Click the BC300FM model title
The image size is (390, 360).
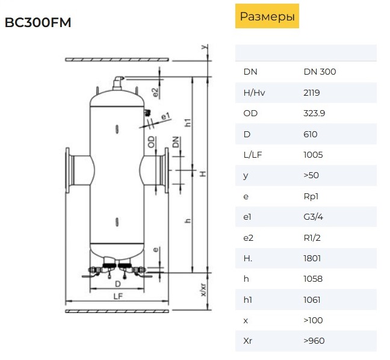coord(38,22)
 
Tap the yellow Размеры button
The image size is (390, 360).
coord(267,16)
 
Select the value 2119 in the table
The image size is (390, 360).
coord(312,93)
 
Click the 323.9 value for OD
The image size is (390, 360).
coord(314,113)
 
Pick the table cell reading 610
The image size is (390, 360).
coord(311,134)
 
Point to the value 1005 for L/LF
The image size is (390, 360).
coord(313,155)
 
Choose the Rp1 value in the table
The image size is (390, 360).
coord(311,196)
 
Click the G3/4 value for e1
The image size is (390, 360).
coord(313,217)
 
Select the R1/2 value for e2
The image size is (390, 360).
coord(312,238)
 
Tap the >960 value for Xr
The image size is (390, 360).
coord(314,341)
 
